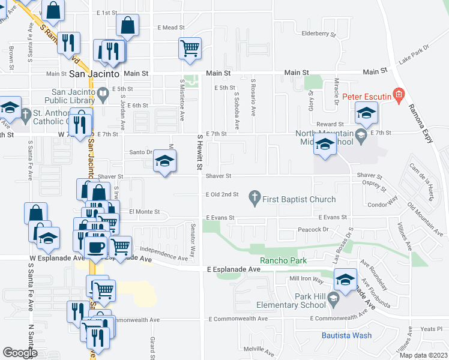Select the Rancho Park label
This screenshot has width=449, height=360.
pos(283,260)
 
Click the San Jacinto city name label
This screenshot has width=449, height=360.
pos(95,73)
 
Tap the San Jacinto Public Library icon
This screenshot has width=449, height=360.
pos(103,93)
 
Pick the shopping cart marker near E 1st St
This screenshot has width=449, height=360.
pos(190,47)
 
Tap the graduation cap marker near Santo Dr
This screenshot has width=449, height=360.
pos(164,160)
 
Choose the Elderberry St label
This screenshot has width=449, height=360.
pos(318,34)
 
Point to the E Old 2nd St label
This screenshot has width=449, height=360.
pos(222,194)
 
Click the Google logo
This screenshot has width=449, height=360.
pos(20,352)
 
